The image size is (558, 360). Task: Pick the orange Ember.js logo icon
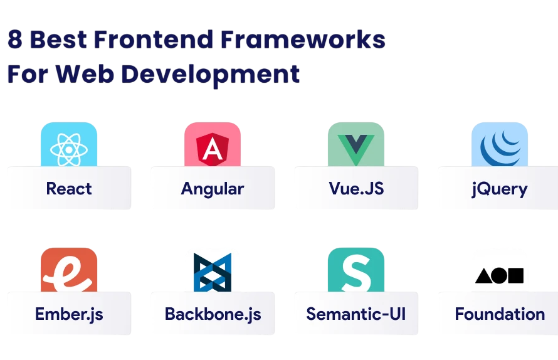[68, 272]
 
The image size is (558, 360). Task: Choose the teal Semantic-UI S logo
[355, 272]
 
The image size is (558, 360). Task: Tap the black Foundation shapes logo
[499, 275]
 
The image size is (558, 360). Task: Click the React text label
[69, 189]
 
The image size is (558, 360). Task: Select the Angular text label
[213, 189]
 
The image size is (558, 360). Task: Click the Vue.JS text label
[356, 189]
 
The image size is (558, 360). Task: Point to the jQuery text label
[500, 189]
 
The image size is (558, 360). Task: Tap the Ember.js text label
[69, 314]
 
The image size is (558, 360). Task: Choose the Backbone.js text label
[213, 314]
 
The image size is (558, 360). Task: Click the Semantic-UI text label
[355, 314]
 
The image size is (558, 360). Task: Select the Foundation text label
[500, 314]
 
